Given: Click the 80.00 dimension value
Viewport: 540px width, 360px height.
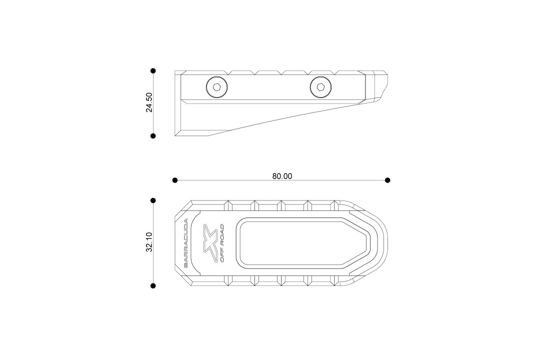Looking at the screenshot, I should click(282, 176).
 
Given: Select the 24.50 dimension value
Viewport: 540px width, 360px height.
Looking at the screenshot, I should click(149, 102).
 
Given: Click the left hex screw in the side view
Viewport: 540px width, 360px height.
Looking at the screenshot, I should click(216, 88).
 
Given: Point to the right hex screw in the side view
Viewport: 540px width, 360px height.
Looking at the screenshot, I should click(320, 88).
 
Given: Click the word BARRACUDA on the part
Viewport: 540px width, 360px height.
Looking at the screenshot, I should click(186, 243).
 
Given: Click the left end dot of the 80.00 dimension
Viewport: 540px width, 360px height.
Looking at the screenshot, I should click(175, 180).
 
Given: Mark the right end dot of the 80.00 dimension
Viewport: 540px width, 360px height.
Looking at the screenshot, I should click(387, 180).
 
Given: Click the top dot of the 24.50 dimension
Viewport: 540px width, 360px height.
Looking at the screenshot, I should click(153, 71).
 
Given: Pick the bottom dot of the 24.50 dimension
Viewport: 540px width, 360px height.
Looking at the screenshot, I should click(153, 135).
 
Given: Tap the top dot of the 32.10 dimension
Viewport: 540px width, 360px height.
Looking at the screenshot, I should click(153, 200).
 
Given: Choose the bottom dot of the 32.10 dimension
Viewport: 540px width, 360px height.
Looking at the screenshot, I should click(153, 286).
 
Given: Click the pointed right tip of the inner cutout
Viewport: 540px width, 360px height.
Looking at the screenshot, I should click(369, 243).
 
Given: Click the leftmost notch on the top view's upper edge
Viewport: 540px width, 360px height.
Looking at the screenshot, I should click(229, 204).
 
